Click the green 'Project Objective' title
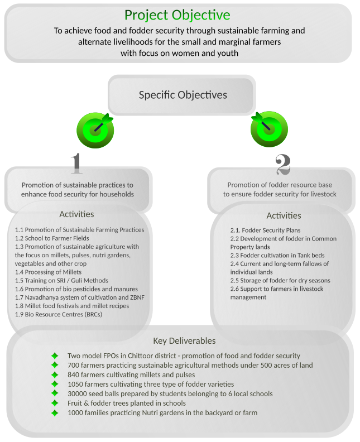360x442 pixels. [177, 15]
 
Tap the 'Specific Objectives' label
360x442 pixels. [183, 95]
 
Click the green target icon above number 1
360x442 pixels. [95, 130]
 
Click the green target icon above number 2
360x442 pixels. [269, 129]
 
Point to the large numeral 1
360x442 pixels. [76, 164]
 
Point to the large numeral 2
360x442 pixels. [283, 164]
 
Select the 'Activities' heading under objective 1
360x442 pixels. [76, 214]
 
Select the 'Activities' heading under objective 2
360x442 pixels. [284, 215]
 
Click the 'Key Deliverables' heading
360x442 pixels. [184, 341]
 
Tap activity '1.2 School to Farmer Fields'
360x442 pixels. [52, 238]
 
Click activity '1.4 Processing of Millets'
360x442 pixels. [48, 272]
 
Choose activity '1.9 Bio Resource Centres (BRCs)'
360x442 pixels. [59, 314]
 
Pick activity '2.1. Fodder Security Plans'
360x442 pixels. [265, 230]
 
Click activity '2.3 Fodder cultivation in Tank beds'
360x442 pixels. [277, 256]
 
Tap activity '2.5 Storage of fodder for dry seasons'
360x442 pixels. [280, 281]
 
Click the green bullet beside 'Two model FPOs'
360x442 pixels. [55, 355]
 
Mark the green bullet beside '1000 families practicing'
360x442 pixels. [55, 413]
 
